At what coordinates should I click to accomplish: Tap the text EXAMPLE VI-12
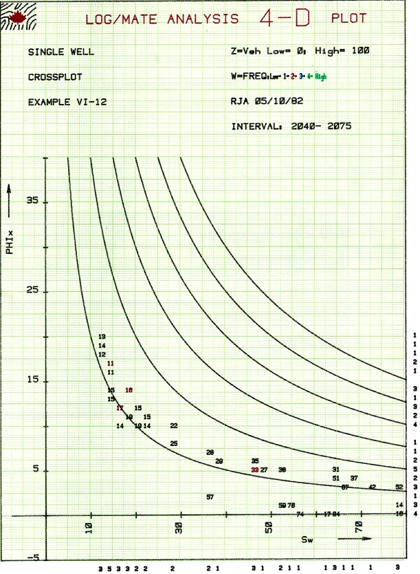tap(67, 102)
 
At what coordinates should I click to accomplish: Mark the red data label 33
tap(255, 469)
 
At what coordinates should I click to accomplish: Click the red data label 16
tap(129, 390)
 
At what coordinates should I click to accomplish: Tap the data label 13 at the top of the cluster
tap(102, 337)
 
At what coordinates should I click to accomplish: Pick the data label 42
tap(372, 487)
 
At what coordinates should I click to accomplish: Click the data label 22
tap(174, 426)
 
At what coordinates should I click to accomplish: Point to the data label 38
tap(282, 469)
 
